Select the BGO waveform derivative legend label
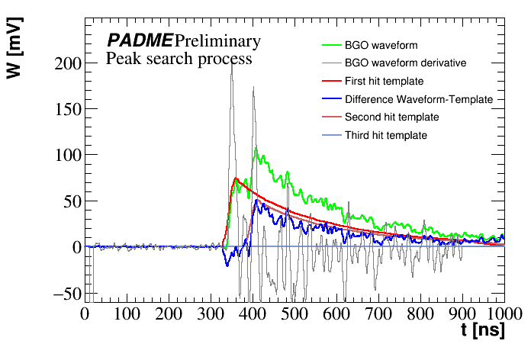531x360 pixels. tap(406, 63)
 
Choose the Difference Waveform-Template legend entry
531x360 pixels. tap(419, 99)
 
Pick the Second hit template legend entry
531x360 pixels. tap(391, 117)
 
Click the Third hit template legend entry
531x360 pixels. tap(385, 136)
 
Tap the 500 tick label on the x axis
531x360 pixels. tap(294, 313)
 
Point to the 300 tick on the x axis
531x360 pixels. tap(210, 313)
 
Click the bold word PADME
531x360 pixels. tap(140, 40)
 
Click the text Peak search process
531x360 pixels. tap(179, 58)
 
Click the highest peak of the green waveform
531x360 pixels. tap(256, 147)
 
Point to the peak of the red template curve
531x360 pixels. tap(236, 178)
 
